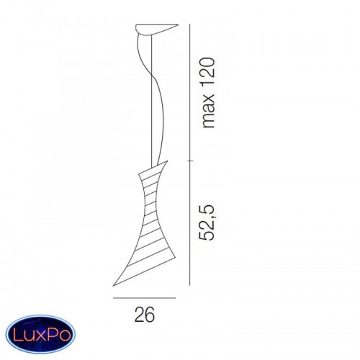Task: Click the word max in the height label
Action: (208, 111)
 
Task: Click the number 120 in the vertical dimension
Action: (207, 71)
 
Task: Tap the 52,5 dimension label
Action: (207, 222)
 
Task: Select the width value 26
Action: (145, 314)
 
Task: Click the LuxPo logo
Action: (40, 334)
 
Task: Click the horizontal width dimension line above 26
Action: (145, 298)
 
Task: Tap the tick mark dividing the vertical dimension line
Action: (190, 161)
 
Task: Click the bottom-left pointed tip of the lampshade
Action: (113, 286)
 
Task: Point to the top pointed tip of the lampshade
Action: (167, 161)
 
